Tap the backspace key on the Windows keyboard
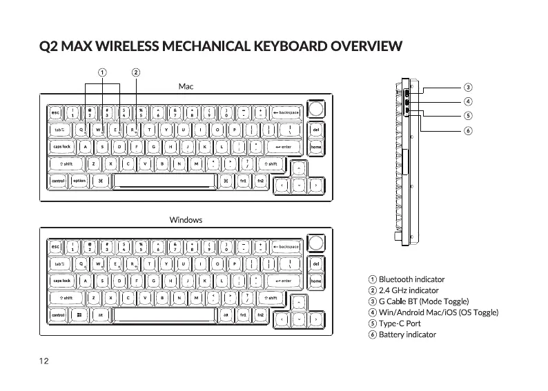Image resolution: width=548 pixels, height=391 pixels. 286,247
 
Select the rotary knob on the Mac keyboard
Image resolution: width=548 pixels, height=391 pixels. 316,110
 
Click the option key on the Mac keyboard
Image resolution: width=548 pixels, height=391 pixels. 79,181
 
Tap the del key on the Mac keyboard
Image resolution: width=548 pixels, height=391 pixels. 316,129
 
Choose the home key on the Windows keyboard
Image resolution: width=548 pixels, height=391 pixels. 316,281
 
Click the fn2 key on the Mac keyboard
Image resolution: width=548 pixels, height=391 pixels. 260,181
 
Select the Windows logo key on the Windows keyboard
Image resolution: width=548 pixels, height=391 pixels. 79,315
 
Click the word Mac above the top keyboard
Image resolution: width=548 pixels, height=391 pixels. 186,86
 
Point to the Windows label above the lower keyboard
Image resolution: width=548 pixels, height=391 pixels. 186,220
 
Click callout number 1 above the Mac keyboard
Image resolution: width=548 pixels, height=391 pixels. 101,72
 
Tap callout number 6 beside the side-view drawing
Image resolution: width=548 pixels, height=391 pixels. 468,131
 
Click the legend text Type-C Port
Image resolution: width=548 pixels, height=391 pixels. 400,323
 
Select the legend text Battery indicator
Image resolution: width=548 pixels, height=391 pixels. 407,334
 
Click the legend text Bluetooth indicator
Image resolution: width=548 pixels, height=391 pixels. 411,279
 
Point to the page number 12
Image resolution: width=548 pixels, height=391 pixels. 44,361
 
